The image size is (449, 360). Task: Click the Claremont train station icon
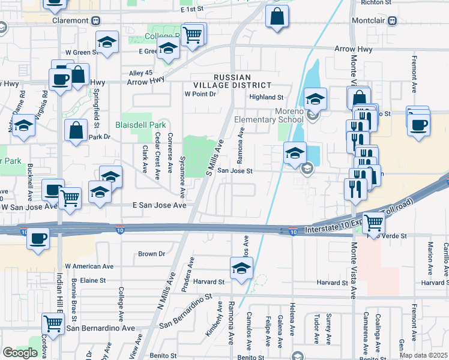[96, 20]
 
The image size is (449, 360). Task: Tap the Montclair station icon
[393, 20]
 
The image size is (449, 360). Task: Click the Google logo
[20, 352]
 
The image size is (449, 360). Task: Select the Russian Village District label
[243, 81]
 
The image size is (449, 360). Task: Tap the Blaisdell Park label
[140, 125]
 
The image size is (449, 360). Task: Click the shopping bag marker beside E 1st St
[277, 17]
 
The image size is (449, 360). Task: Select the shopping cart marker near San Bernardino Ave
[53, 323]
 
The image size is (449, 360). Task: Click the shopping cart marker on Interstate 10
[374, 223]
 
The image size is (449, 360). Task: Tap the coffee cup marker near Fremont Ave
[418, 124]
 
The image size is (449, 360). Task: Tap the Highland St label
[266, 97]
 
